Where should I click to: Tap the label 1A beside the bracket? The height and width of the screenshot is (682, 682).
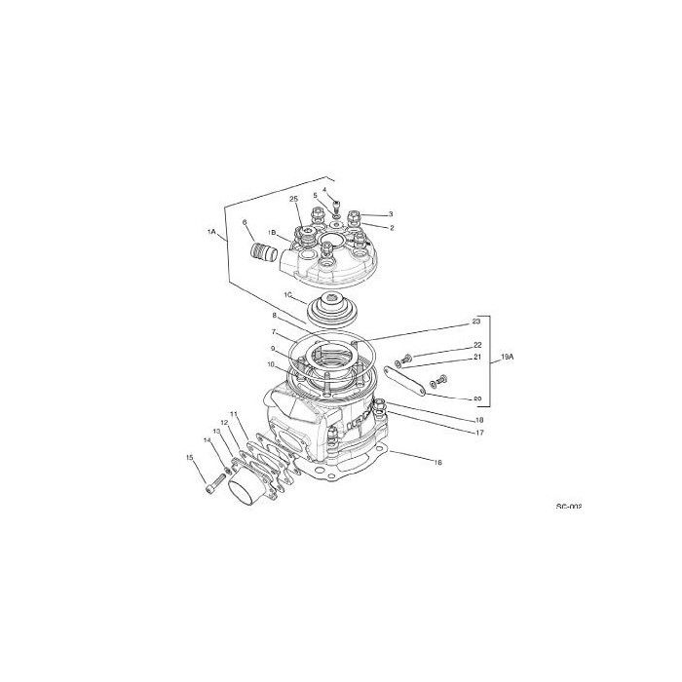tap(210, 232)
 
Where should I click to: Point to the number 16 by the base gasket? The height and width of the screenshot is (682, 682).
tap(437, 462)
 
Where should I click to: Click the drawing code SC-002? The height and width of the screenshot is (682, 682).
tap(568, 507)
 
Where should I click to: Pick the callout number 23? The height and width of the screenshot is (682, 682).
tap(476, 321)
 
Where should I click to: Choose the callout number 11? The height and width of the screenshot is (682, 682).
tap(234, 414)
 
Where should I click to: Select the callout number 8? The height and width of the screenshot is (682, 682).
tap(275, 317)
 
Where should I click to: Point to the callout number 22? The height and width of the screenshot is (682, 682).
tap(477, 345)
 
